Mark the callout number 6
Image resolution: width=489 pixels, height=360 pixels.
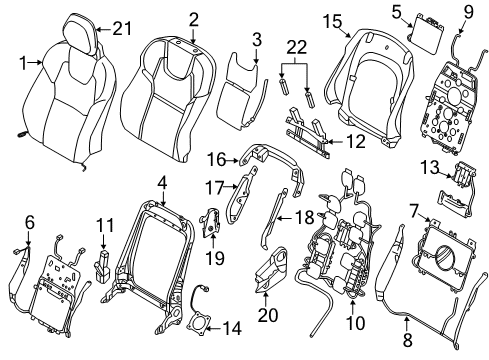coord(28,221)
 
